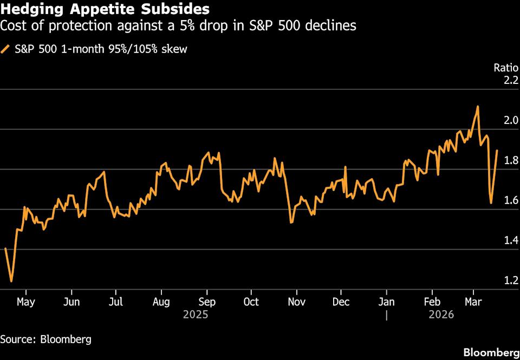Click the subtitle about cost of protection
pyautogui.click(x=178, y=25)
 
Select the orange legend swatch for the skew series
pyautogui.click(x=6, y=49)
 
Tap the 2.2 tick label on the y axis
pyautogui.click(x=511, y=81)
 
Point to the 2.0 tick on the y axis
pyautogui.click(x=511, y=120)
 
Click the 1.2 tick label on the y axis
pyautogui.click(x=511, y=280)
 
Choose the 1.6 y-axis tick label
pyautogui.click(x=511, y=201)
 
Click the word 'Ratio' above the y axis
pyautogui.click(x=506, y=68)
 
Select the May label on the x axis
pyautogui.click(x=27, y=302)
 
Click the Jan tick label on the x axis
pyautogui.click(x=386, y=302)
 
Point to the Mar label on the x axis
pyautogui.click(x=474, y=302)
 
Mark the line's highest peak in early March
pyautogui.click(x=478, y=107)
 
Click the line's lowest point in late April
pyautogui.click(x=11, y=282)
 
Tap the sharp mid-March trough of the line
pyautogui.click(x=491, y=203)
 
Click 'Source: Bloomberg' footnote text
pyautogui.click(x=45, y=339)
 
